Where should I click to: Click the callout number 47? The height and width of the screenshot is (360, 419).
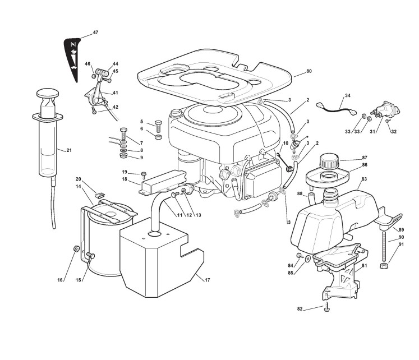pyautogui.click(x=95, y=32)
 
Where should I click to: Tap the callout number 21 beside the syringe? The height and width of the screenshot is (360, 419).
pyautogui.click(x=69, y=150)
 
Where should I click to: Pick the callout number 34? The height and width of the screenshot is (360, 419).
pyautogui.click(x=348, y=96)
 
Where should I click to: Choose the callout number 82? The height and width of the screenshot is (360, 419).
pyautogui.click(x=300, y=308)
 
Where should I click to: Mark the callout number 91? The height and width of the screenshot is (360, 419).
pyautogui.click(x=401, y=245)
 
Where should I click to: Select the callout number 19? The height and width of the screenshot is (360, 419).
pyautogui.click(x=125, y=172)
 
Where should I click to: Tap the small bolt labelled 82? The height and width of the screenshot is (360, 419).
pyautogui.click(x=326, y=307)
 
